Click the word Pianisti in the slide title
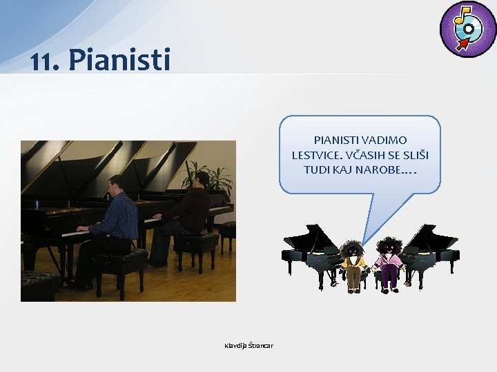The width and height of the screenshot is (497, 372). coord(119,60)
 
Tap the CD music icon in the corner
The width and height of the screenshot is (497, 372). coord(467,28)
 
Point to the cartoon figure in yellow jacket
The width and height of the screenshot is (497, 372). coord(353,265)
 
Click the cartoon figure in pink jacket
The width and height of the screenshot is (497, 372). coord(389,265)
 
